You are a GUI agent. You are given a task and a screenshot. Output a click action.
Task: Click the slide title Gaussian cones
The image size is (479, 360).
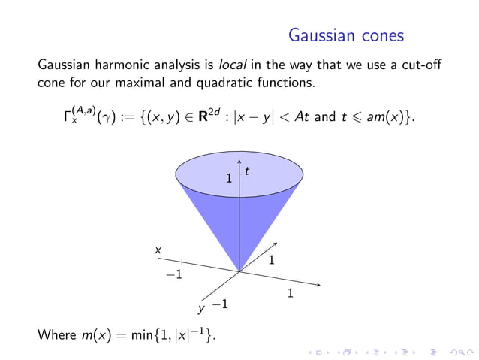click(x=346, y=35)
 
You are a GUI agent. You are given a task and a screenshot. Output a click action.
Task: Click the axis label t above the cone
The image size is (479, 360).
click(x=247, y=172)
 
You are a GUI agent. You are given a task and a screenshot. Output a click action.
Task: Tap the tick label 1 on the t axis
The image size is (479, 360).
click(x=230, y=179)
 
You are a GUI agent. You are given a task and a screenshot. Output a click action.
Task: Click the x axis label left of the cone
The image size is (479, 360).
click(x=158, y=250)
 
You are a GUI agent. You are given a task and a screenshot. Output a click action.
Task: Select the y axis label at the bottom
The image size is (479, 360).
click(x=200, y=308)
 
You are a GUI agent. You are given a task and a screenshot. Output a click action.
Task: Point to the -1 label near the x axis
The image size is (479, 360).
click(x=174, y=275)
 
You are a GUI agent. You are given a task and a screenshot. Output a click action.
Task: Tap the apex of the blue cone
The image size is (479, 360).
click(x=239, y=272)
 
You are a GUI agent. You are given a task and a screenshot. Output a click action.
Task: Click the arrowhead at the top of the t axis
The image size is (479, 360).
click(x=239, y=160)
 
